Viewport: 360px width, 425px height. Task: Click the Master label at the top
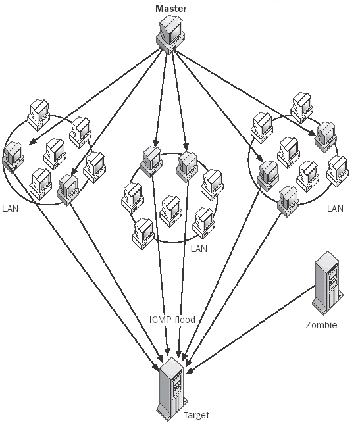[170, 9]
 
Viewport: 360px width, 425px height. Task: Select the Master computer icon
[170, 34]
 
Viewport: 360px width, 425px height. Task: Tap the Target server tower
[171, 389]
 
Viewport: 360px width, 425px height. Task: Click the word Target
[196, 415]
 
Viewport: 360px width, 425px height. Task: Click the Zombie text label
[321, 325]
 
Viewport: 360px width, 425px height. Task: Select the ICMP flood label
[172, 320]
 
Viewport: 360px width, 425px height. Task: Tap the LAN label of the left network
[10, 209]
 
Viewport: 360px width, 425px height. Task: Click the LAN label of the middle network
[199, 249]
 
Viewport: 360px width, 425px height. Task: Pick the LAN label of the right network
[335, 209]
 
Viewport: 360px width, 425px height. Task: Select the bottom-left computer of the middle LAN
[143, 234]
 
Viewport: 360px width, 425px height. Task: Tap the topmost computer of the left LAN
[38, 115]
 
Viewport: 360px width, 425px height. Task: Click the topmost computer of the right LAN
[301, 108]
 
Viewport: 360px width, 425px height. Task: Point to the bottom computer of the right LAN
[289, 202]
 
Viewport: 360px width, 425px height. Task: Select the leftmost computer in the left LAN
[13, 157]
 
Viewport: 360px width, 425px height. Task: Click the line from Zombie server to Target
[251, 329]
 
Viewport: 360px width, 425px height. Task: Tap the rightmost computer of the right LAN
[338, 171]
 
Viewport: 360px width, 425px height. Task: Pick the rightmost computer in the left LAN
[95, 167]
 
